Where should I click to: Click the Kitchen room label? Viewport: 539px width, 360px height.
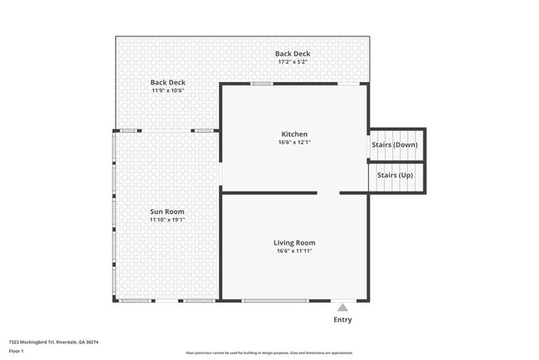pyautogui.click(x=294, y=134)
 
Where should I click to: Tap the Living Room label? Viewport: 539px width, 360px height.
pyautogui.click(x=294, y=242)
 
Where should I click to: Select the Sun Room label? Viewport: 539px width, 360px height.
pyautogui.click(x=167, y=212)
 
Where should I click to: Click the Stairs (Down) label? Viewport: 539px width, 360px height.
pyautogui.click(x=395, y=144)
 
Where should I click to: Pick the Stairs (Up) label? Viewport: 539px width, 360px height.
pyautogui.click(x=395, y=175)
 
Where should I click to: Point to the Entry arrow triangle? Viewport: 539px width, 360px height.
pyautogui.click(x=342, y=308)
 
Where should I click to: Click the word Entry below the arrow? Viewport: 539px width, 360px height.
pyautogui.click(x=342, y=319)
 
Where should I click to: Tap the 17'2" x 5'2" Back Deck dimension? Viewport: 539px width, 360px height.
pyautogui.click(x=293, y=61)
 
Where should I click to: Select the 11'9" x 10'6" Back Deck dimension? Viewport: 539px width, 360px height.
pyautogui.click(x=168, y=90)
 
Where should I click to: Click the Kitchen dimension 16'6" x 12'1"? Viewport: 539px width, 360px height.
pyautogui.click(x=294, y=142)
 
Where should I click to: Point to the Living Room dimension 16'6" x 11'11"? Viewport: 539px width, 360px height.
pyautogui.click(x=294, y=251)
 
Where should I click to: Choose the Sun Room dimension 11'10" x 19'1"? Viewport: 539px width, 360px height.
pyautogui.click(x=167, y=220)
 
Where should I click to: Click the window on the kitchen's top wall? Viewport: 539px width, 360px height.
pyautogui.click(x=262, y=83)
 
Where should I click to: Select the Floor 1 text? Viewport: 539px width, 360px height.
pyautogui.click(x=17, y=351)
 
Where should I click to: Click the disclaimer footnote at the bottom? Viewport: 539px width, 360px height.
pyautogui.click(x=269, y=353)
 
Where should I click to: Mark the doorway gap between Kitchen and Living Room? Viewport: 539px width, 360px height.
pyautogui.click(x=329, y=193)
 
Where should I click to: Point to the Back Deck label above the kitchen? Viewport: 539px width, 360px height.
pyautogui.click(x=293, y=53)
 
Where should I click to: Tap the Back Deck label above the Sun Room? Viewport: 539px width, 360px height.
pyautogui.click(x=168, y=82)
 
